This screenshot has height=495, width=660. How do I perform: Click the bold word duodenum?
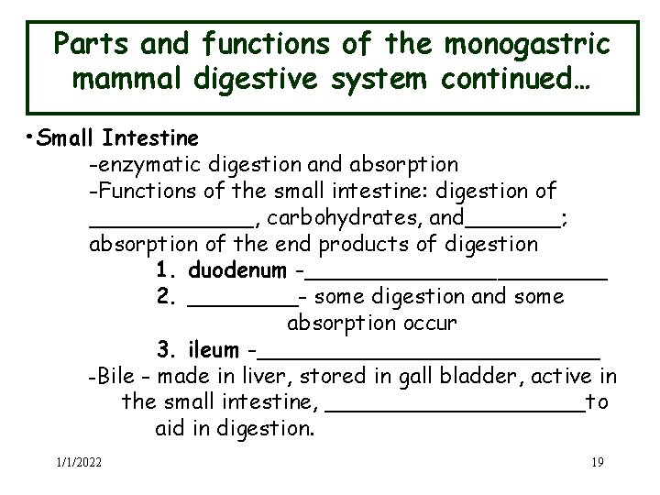coord(236,271)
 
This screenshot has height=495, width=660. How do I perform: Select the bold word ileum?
coord(213,350)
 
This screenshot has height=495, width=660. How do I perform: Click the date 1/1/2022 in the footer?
coord(78,461)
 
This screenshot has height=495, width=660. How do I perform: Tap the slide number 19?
coord(597,461)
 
